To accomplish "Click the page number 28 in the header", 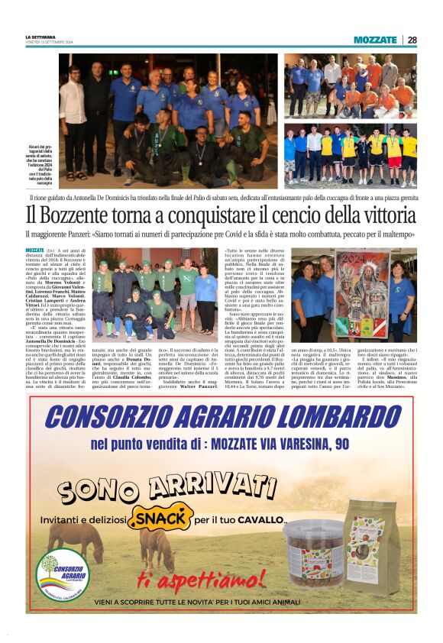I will coord(412,40).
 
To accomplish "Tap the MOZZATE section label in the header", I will coord(375,40).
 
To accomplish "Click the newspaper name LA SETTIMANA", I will coord(40,37).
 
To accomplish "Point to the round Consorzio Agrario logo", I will coord(63,574).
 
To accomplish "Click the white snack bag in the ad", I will coord(373,544).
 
